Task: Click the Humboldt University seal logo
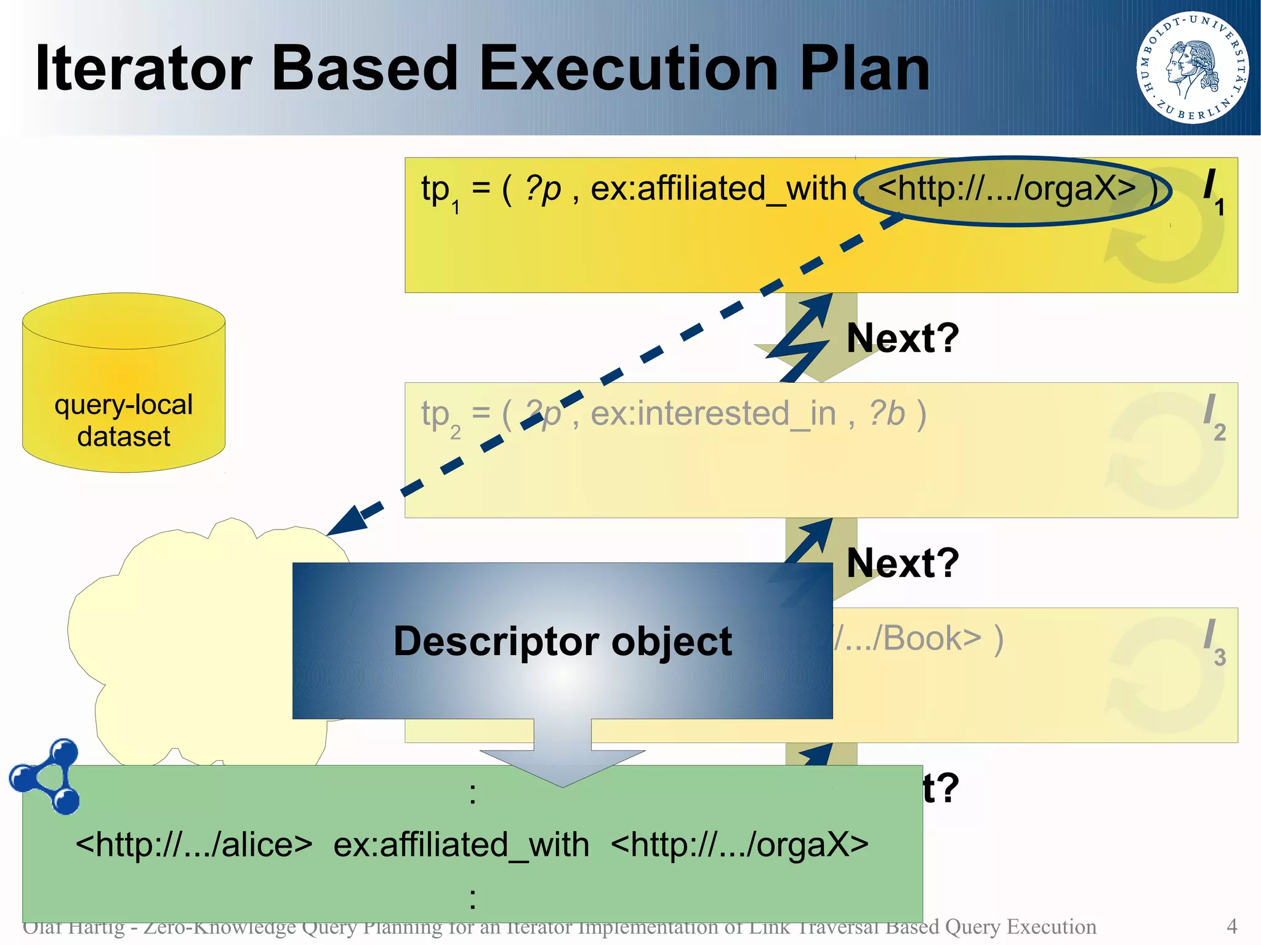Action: [x=1193, y=68]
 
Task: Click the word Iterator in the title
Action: [x=143, y=69]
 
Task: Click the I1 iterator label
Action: [x=1213, y=191]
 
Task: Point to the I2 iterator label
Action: [x=1213, y=416]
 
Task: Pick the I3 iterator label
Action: [x=1213, y=641]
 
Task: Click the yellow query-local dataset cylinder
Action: [x=124, y=382]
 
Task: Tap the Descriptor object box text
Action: [x=562, y=641]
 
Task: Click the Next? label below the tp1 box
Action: [x=902, y=338]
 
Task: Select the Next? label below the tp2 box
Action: [x=902, y=563]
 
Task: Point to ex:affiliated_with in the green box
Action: [x=461, y=844]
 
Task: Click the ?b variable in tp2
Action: [x=887, y=413]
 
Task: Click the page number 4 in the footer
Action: [x=1231, y=926]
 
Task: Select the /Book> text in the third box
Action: [x=917, y=638]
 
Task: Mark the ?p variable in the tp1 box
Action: [x=543, y=188]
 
